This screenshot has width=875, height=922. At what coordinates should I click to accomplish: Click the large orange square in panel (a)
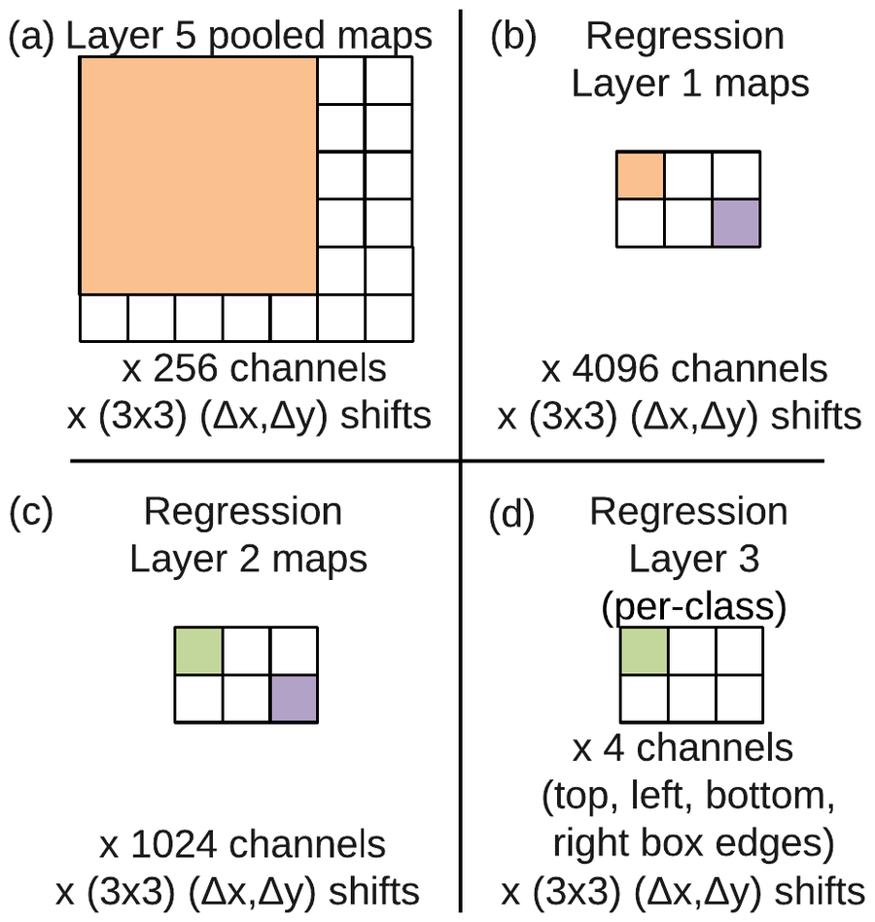pyautogui.click(x=198, y=175)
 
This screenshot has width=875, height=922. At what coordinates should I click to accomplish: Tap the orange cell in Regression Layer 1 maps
pyautogui.click(x=641, y=175)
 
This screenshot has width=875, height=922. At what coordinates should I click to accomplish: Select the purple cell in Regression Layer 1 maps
pyautogui.click(x=736, y=222)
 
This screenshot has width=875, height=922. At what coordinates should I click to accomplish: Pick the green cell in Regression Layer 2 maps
pyautogui.click(x=199, y=651)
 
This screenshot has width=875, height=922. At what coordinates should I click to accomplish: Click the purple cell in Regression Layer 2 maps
pyautogui.click(x=295, y=699)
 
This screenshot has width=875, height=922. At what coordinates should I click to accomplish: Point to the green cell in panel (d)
pyautogui.click(x=645, y=651)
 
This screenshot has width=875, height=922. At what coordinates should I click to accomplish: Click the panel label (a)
pyautogui.click(x=30, y=37)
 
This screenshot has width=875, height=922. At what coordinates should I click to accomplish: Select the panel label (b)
pyautogui.click(x=513, y=37)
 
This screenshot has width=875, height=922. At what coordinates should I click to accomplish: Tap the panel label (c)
pyautogui.click(x=30, y=512)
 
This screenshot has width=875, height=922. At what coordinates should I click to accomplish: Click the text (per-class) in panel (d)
pyautogui.click(x=694, y=607)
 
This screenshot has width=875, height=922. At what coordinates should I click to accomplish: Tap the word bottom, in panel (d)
pyautogui.click(x=770, y=796)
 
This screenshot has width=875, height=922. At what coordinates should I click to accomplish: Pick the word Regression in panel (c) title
pyautogui.click(x=243, y=512)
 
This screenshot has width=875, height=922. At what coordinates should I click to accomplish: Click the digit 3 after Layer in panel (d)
pyautogui.click(x=749, y=560)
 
